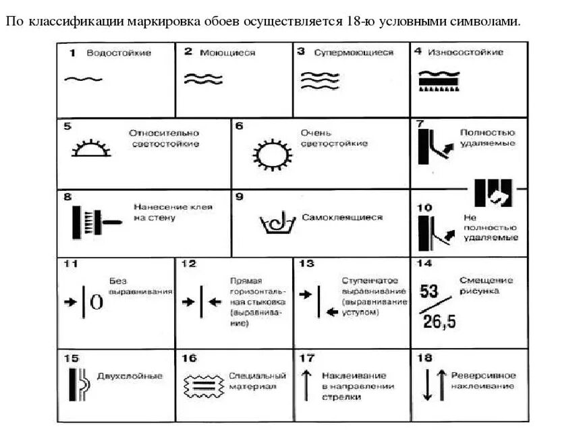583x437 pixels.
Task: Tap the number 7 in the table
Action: coord(420,125)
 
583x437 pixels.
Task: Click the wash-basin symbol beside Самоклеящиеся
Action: coord(277,221)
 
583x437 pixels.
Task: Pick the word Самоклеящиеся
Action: coord(342,217)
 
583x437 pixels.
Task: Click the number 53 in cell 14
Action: coord(430,291)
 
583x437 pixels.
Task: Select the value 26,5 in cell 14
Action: coord(439,322)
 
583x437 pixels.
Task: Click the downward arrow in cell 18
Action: coord(427,385)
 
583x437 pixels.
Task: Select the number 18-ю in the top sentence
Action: coord(356,21)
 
